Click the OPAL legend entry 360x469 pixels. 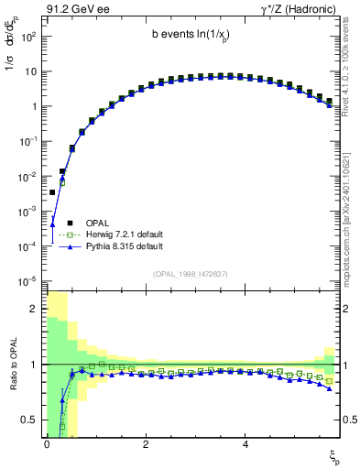click(x=96, y=221)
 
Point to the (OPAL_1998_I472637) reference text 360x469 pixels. click(x=191, y=273)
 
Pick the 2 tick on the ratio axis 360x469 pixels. click(x=35, y=309)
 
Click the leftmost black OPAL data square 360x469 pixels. click(x=52, y=192)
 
